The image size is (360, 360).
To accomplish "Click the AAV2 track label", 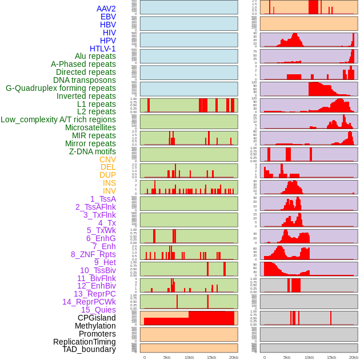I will point(106,9).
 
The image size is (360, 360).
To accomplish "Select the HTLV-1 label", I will point(103,49).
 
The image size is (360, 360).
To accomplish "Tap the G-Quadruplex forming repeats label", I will point(61,88).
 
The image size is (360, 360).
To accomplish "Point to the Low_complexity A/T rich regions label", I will point(58,119).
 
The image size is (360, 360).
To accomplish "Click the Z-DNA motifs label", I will point(93,151).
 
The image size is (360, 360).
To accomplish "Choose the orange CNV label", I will point(107,159).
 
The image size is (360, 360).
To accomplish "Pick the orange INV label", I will point(109,191).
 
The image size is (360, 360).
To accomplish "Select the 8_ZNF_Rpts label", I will point(93,254).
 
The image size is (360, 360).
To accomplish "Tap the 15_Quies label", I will point(98,310).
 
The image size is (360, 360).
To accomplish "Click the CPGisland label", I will point(97,318).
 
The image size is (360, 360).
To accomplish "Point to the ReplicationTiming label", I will point(84,342).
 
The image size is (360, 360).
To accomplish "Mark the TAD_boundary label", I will point(89,349).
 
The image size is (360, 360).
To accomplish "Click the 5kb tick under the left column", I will point(167,357).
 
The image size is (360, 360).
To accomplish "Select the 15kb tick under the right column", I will point(331,357).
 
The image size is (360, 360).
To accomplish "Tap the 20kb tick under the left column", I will point(234,357).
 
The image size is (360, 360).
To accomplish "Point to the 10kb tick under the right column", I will point(309,357).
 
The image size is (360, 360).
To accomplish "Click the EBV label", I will point(108,17).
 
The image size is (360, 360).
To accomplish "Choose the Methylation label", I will point(91,326).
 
